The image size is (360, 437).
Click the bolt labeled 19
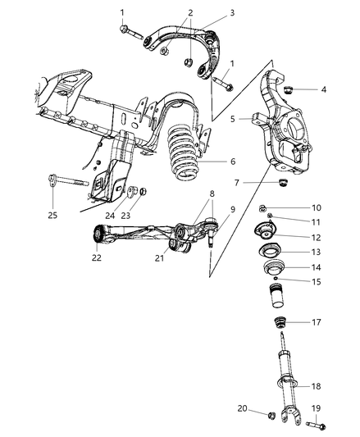pos(317,425)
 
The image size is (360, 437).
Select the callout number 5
pos(232,119)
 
